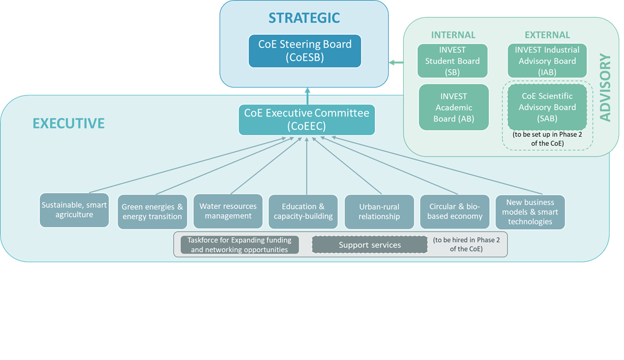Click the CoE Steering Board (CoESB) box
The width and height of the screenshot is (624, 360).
(x=305, y=51)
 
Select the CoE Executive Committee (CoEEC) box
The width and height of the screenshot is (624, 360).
(x=307, y=120)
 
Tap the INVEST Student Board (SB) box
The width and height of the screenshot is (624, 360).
(x=452, y=61)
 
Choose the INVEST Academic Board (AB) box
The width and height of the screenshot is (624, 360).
(x=454, y=107)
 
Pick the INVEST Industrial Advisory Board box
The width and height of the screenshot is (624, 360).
(x=547, y=61)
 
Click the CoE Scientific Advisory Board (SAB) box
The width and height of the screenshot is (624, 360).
(x=547, y=107)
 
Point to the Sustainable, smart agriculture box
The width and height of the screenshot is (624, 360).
(x=74, y=210)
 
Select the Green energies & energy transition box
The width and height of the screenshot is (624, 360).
(x=152, y=212)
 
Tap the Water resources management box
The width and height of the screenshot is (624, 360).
(x=228, y=211)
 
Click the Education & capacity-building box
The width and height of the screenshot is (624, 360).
(x=303, y=212)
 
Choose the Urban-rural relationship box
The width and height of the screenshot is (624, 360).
(x=379, y=212)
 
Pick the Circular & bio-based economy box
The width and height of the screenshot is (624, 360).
(x=454, y=212)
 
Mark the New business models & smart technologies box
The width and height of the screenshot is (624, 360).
(x=530, y=212)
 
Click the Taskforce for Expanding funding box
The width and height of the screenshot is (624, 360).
(x=239, y=245)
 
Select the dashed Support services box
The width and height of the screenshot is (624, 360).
(x=369, y=245)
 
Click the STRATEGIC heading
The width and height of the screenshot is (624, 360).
(x=304, y=18)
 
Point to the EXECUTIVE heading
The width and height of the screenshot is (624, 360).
(x=69, y=123)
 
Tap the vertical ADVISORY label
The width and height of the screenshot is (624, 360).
(x=605, y=87)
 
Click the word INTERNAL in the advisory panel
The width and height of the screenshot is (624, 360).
(x=453, y=35)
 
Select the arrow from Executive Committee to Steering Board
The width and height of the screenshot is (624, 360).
(x=307, y=95)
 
